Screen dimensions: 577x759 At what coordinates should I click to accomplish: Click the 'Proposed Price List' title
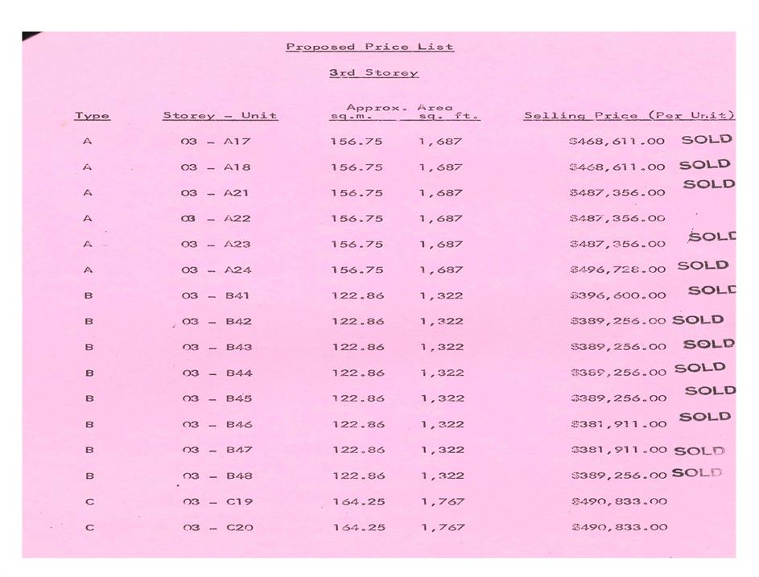point(369,47)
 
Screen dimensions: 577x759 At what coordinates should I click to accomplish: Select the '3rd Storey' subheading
point(373,73)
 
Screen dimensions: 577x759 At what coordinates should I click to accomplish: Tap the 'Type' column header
point(92,116)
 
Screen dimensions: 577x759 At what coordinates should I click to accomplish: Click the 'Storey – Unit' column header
point(220,116)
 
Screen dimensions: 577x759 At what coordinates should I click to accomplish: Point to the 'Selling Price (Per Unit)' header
point(629,116)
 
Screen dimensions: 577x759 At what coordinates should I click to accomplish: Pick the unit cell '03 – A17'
point(216,142)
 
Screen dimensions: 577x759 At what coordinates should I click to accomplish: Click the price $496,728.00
point(617,270)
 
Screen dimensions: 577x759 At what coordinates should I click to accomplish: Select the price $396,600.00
point(617,295)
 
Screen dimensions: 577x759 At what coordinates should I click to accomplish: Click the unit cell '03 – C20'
point(217,527)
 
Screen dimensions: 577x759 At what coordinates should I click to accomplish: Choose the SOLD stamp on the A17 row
point(706,139)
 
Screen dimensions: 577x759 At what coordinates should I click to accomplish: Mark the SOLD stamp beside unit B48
point(697,473)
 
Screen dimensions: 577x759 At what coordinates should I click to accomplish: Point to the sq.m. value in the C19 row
point(358,501)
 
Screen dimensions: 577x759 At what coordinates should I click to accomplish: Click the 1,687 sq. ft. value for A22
point(440,218)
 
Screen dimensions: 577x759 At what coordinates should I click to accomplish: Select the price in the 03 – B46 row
point(617,424)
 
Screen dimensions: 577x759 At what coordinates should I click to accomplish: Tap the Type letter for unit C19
point(89,501)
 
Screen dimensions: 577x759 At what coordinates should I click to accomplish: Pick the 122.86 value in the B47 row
point(357,450)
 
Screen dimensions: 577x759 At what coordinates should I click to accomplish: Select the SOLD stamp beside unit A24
point(703,266)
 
